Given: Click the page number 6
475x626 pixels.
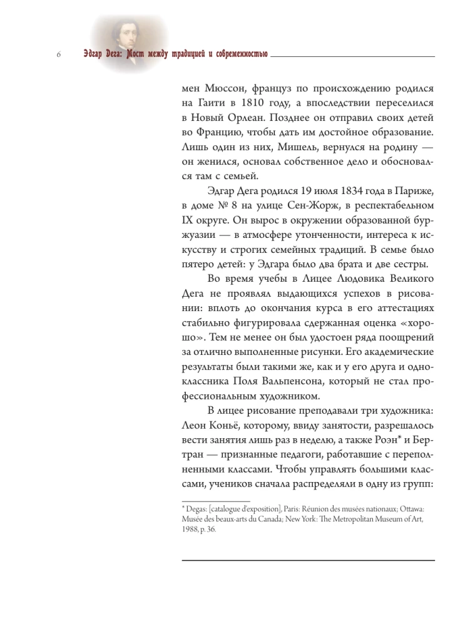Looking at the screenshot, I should (58, 55).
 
